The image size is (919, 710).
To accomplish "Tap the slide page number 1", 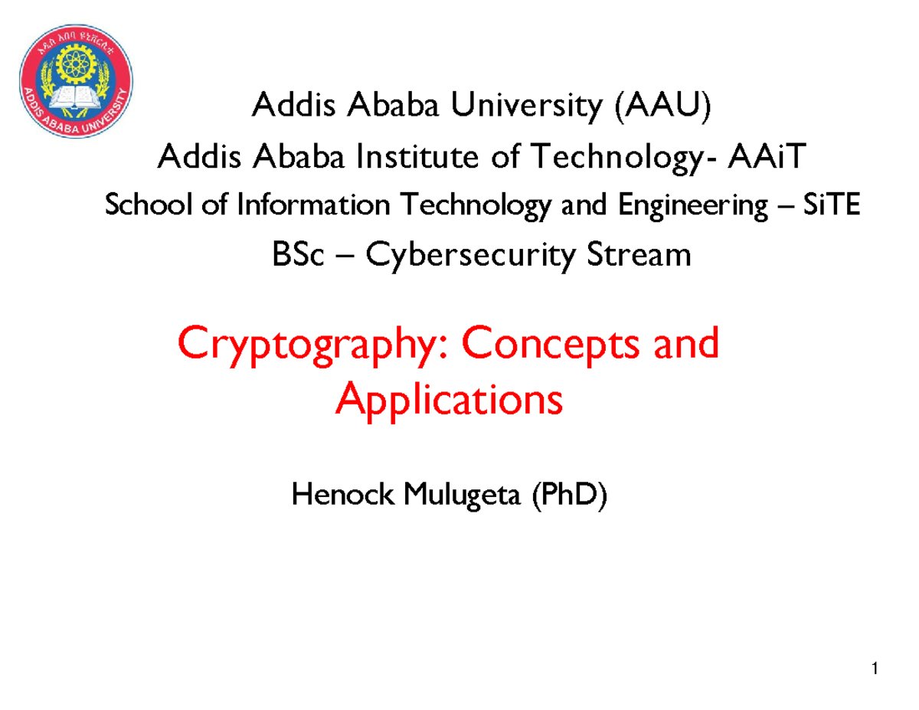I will [874, 672].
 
